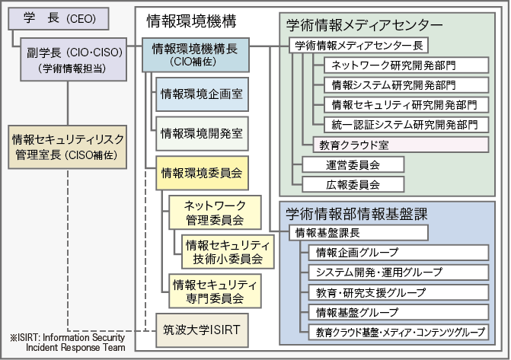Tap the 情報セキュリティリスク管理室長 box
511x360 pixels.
(69, 147)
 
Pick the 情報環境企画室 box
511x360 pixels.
(202, 95)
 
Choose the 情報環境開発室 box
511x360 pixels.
(202, 134)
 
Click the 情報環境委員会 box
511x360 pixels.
(202, 174)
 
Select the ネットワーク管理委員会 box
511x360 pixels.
(215, 212)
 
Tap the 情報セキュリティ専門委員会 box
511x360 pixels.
(215, 291)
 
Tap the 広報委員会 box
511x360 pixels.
(353, 183)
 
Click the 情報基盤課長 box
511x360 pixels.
(359, 232)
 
